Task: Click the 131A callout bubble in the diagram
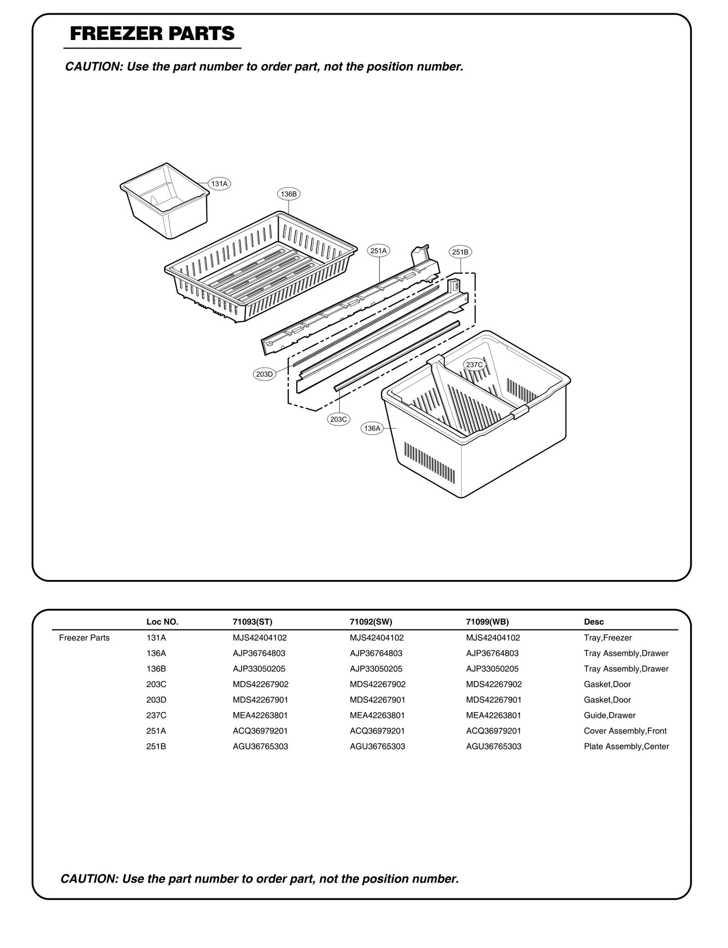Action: click(x=219, y=184)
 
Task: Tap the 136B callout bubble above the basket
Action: click(x=288, y=194)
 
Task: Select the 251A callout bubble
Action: click(x=379, y=251)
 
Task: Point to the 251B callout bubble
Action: click(x=460, y=252)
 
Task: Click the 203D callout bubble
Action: click(x=264, y=374)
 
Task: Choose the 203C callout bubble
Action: click(x=339, y=419)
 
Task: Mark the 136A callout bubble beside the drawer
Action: click(x=372, y=428)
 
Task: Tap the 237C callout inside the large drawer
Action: click(x=475, y=364)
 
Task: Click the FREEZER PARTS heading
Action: click(x=152, y=34)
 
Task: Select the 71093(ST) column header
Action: click(x=252, y=622)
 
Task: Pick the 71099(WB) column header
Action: click(x=487, y=622)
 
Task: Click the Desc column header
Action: click(x=594, y=622)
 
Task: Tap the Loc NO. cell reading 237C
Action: click(x=156, y=715)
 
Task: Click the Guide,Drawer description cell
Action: click(x=609, y=715)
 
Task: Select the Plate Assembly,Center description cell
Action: click(x=626, y=746)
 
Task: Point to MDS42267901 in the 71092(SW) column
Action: click(x=377, y=700)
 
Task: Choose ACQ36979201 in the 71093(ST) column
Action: click(x=260, y=731)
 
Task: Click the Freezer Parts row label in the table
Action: click(x=84, y=638)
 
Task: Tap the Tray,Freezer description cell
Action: click(x=607, y=638)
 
